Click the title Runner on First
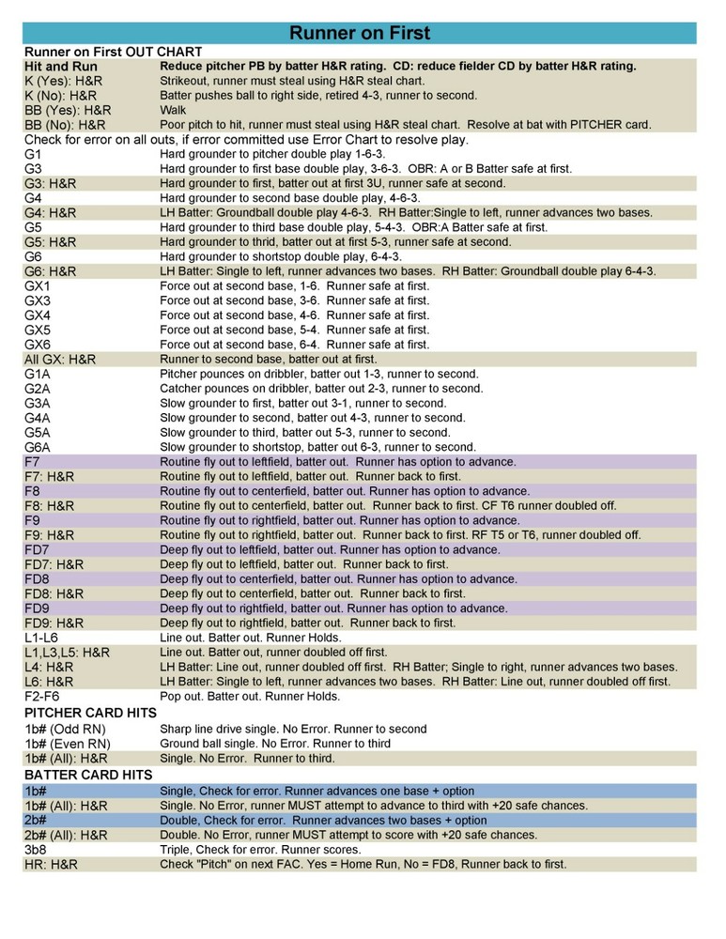click(360, 34)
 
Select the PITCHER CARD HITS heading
click(90, 713)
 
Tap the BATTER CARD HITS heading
click(86, 775)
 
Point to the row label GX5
click(39, 330)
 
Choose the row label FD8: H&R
click(54, 593)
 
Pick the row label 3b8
click(37, 849)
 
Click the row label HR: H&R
click(52, 864)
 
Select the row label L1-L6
click(42, 638)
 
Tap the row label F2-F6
click(42, 697)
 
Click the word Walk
click(174, 110)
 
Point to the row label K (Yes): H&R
click(63, 82)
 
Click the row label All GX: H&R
click(60, 359)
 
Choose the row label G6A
click(39, 447)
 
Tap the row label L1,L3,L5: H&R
click(68, 653)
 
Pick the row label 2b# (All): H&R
click(66, 835)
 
